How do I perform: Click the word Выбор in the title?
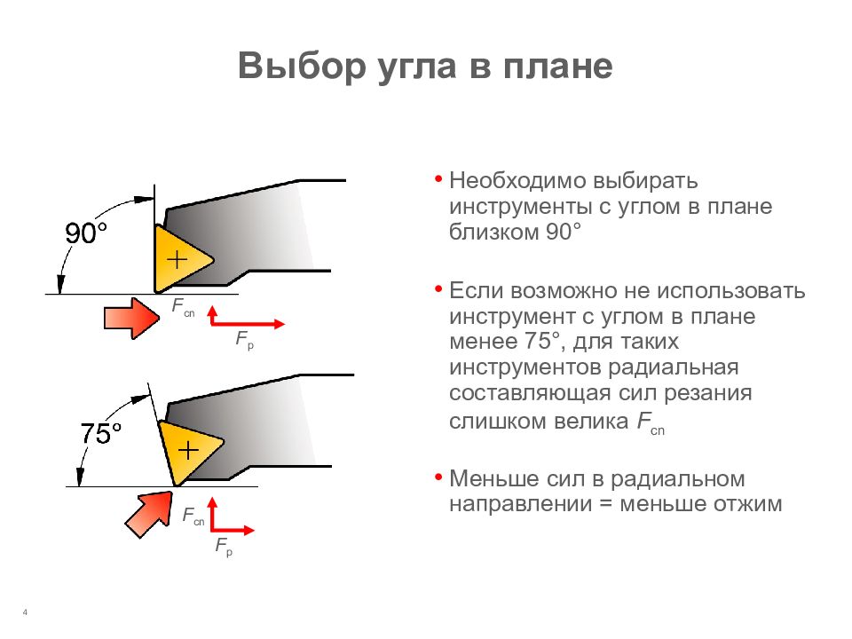pos(302,66)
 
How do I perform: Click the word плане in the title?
pos(557,66)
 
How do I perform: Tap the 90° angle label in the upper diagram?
pos(85,233)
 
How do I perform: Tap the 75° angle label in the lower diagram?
pos(100,433)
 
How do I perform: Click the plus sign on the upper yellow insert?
pos(177,259)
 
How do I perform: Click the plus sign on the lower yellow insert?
pos(188,451)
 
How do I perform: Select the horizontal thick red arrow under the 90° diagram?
pos(131,318)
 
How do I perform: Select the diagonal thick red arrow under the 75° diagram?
pos(148,515)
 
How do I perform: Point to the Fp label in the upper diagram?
pos(245,340)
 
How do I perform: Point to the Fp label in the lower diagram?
pos(224,546)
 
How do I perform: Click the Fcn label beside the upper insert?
pos(183,307)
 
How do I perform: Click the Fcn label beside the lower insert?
pos(193,516)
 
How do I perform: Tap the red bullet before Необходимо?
pos(438,178)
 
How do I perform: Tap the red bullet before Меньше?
pos(438,477)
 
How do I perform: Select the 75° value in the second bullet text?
pos(543,341)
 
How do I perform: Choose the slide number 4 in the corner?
pos(25,612)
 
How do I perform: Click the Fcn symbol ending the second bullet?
pos(651,422)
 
